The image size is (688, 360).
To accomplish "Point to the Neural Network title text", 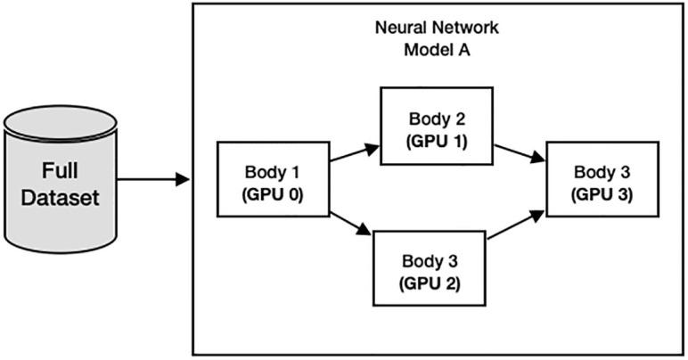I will point(437,28).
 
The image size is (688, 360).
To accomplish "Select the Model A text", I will point(437,48).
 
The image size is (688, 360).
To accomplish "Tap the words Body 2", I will point(437,119).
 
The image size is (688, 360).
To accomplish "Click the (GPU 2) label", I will point(429,282).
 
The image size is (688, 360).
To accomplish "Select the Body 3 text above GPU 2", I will point(429,262).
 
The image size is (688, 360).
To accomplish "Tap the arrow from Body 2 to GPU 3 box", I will point(520,153).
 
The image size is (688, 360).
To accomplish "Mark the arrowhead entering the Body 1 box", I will point(184,179).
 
